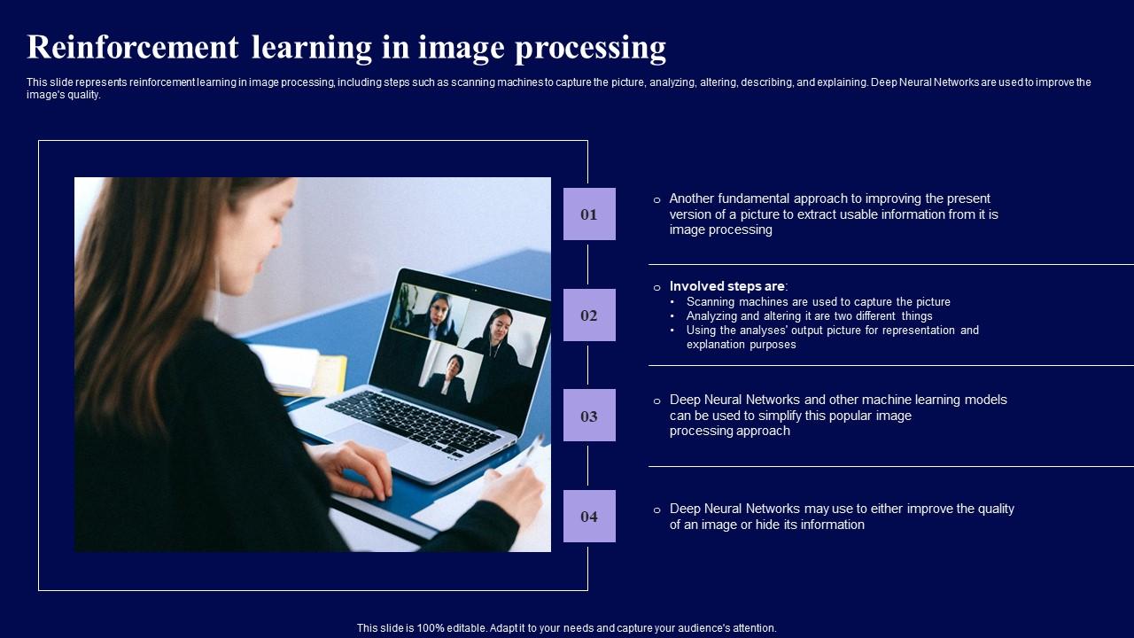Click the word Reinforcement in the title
coord(133,47)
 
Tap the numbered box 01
coord(589,214)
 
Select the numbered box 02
coord(589,315)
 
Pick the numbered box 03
coord(589,416)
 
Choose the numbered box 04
coord(589,517)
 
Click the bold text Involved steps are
coord(727,286)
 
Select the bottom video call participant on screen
coord(452,377)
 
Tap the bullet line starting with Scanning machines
coord(818,302)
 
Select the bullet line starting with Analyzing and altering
coord(809,316)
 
